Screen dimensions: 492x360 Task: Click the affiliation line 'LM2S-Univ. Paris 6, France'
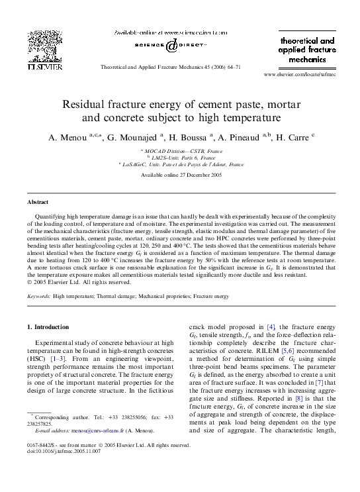179,158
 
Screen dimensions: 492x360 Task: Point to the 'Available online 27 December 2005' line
179,173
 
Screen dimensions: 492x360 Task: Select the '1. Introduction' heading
47,327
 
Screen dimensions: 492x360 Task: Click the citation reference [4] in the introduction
271,327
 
